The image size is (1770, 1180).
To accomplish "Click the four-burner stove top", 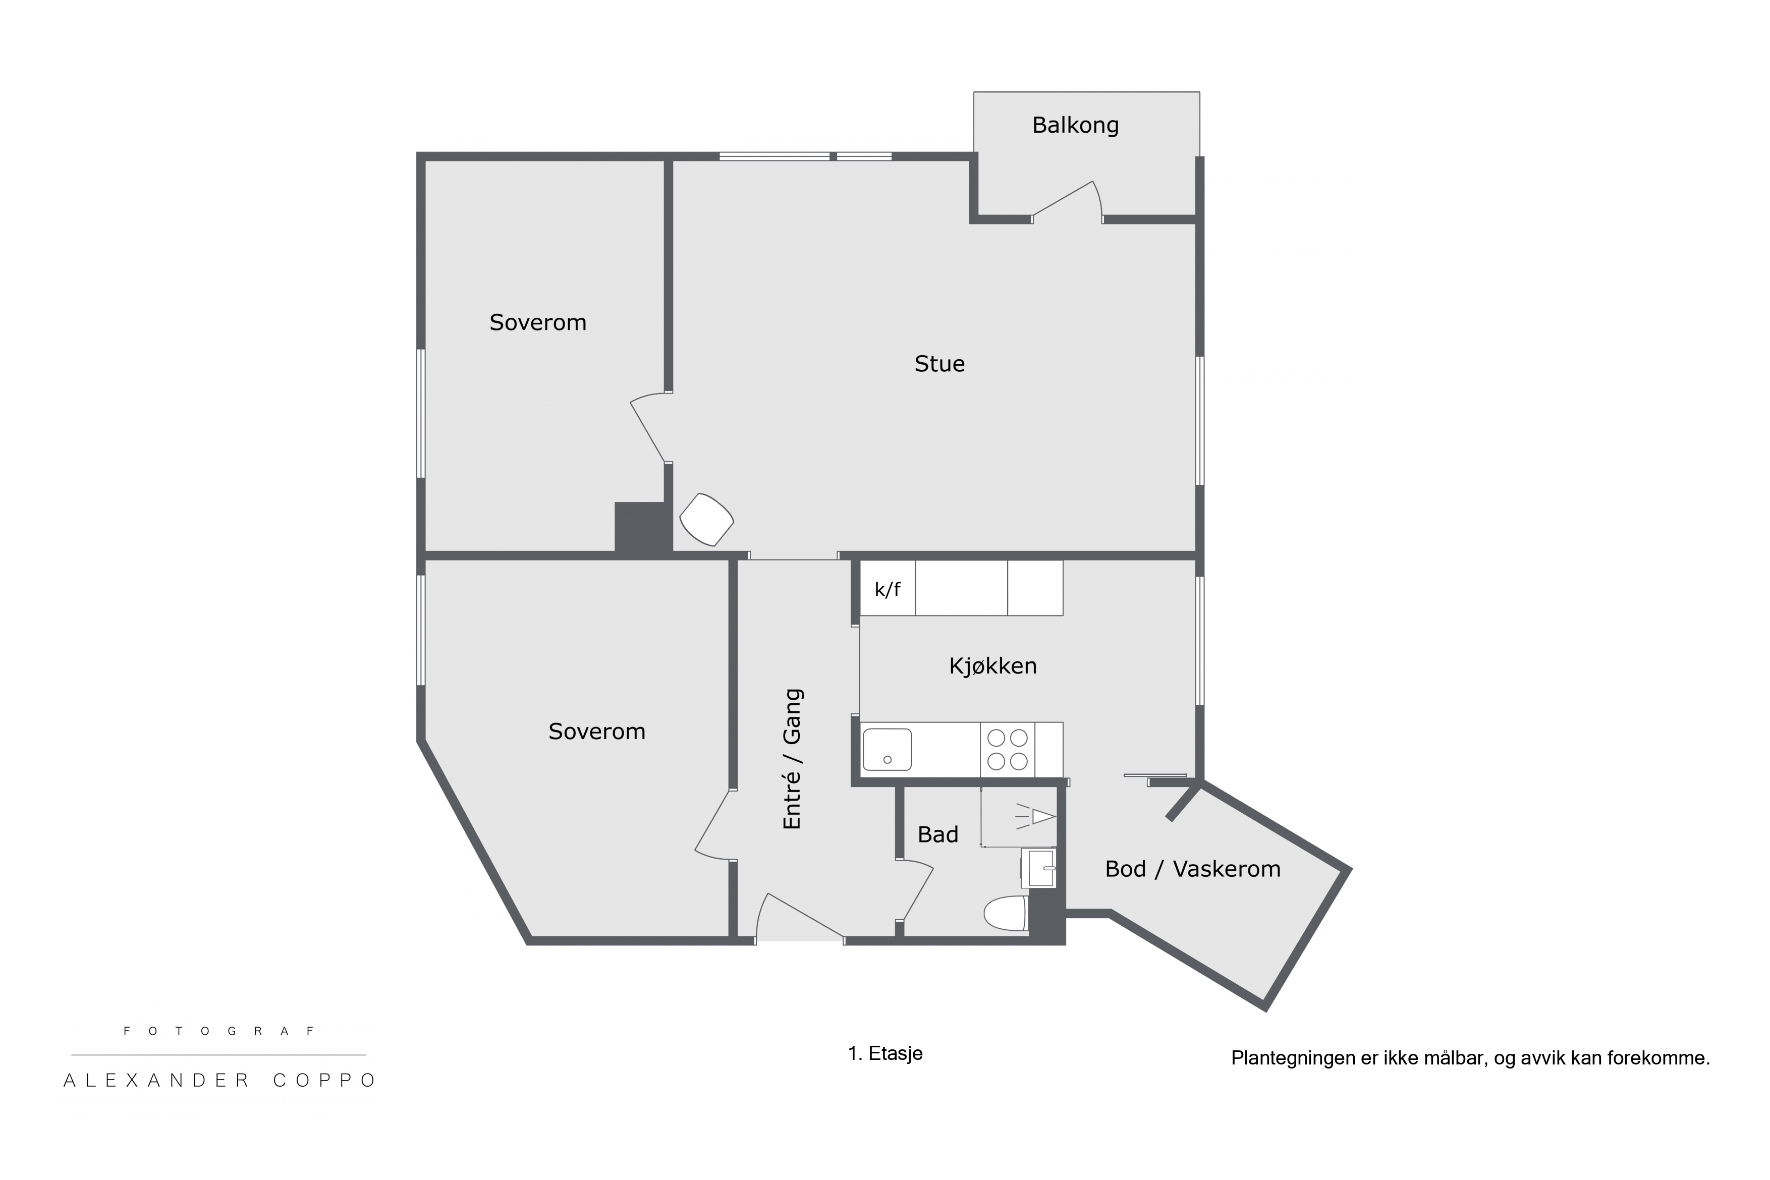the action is click(1008, 750).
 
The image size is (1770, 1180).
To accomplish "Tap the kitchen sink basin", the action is click(887, 750).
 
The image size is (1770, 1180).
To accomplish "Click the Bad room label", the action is click(937, 834).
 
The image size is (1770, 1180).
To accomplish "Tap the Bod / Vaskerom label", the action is click(1193, 869).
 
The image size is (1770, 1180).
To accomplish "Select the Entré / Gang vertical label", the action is click(793, 759).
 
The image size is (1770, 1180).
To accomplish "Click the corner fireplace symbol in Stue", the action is click(707, 519).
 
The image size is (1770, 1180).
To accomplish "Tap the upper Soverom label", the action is click(537, 323).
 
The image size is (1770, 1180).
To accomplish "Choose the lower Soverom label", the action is click(597, 732).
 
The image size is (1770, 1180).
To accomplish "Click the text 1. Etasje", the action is click(885, 1053).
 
